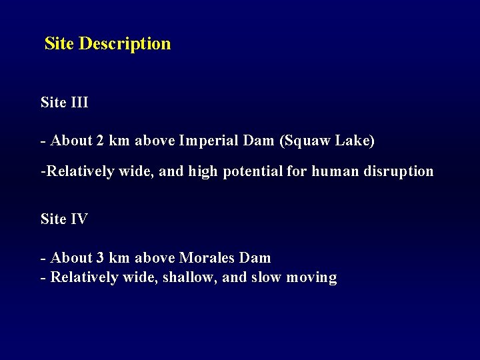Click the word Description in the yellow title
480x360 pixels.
[125, 44]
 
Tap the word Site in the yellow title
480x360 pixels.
[59, 44]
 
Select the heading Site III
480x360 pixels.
[64, 103]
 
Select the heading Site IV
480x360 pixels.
[64, 219]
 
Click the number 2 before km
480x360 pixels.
[100, 141]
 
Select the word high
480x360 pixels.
[203, 172]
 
